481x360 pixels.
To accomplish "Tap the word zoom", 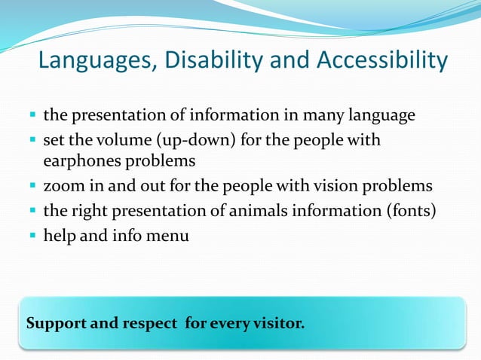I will click(62, 186).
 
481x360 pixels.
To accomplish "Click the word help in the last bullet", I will click(59, 236).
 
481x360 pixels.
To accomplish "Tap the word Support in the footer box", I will click(57, 325).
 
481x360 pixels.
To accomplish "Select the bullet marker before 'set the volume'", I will click(33, 142).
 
